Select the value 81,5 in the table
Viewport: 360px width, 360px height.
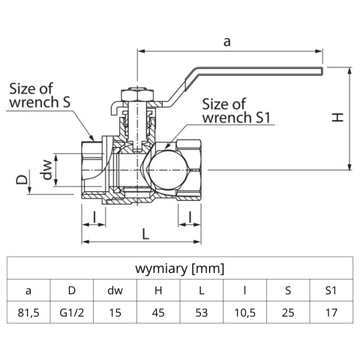tap(28, 311)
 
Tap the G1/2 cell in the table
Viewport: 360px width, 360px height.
tap(72, 311)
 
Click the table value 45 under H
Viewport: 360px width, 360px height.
tap(158, 311)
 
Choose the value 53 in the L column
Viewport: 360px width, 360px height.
tap(201, 311)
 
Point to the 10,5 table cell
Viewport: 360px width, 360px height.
tap(244, 311)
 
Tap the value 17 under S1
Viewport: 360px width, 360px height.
tap(331, 311)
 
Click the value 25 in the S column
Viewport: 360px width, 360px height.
tap(288, 311)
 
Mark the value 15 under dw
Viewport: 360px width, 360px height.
tap(115, 311)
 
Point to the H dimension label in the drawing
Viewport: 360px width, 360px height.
tap(339, 117)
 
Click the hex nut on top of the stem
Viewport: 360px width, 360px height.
tap(137, 94)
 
